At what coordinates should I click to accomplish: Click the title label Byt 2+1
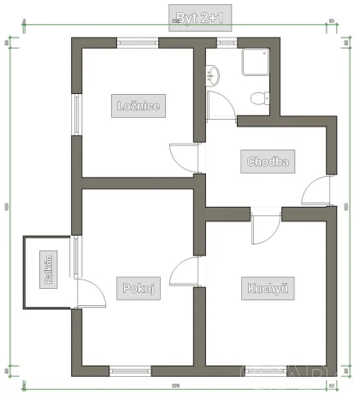200,17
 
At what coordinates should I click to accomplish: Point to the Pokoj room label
138,288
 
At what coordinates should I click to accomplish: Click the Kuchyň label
265,288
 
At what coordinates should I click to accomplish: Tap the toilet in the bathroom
257,97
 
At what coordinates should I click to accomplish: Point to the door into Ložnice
186,157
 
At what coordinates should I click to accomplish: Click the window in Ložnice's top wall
138,42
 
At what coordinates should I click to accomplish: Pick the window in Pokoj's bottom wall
130,370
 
